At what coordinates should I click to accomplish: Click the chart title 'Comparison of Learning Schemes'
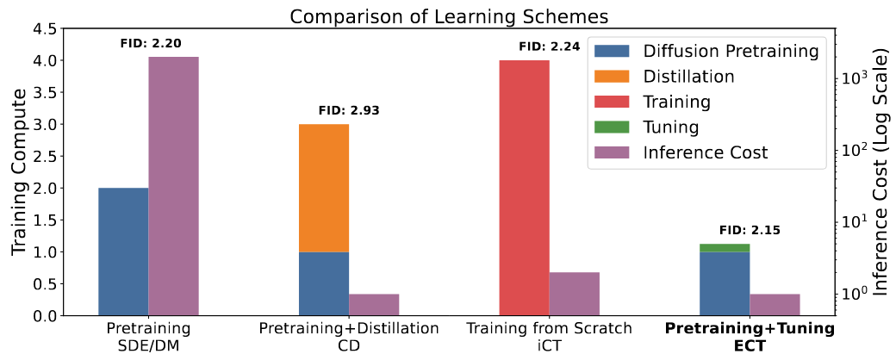point(447,16)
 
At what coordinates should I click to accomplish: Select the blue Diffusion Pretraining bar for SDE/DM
point(123,251)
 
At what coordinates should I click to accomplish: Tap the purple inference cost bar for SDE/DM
point(173,186)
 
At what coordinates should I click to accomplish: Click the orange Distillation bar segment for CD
point(324,188)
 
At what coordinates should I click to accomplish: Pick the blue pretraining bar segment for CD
point(324,283)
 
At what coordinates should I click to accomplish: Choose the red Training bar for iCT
point(524,188)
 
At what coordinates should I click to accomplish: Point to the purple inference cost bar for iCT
point(574,294)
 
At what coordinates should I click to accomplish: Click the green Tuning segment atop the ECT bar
point(724,248)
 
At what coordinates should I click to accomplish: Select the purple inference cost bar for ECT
point(774,304)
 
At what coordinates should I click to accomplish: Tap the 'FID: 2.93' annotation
point(348,110)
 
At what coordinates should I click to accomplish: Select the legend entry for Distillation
point(688,77)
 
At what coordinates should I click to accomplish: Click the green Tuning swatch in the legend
point(613,127)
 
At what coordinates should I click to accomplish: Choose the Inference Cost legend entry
point(705,152)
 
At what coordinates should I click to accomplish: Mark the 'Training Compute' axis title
point(20,172)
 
